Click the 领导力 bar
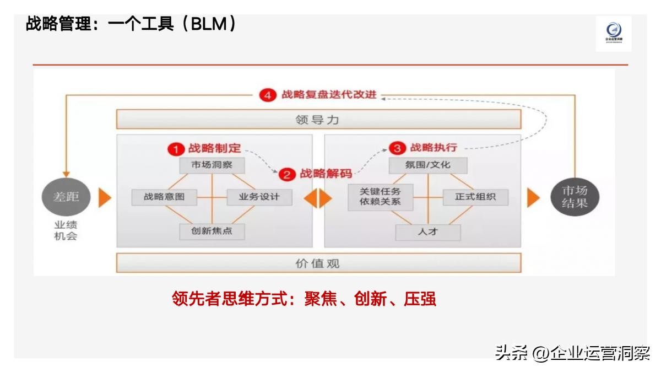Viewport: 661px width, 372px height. click(x=318, y=120)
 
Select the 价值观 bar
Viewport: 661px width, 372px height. click(x=318, y=263)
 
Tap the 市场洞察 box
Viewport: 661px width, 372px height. click(x=212, y=165)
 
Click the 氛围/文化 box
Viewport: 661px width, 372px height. click(x=427, y=165)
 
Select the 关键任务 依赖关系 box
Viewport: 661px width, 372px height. click(x=380, y=197)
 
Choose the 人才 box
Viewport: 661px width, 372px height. click(x=427, y=232)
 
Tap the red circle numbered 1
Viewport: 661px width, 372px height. click(x=176, y=149)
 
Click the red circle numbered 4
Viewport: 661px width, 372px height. click(x=267, y=95)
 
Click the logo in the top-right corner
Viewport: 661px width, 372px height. click(x=613, y=34)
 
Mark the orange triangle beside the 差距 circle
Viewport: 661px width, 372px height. click(x=105, y=197)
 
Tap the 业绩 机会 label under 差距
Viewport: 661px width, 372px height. click(x=66, y=231)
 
